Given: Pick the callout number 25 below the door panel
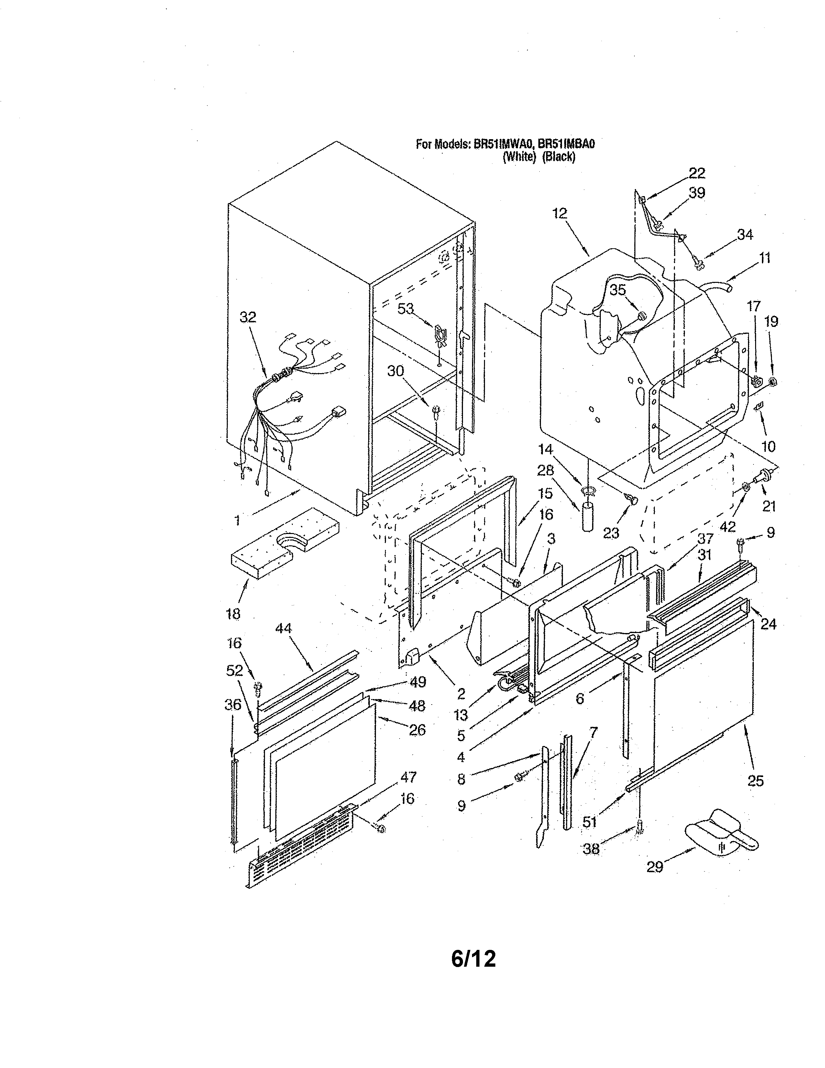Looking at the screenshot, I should tap(755, 781).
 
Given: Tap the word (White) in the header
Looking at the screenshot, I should tap(520, 158).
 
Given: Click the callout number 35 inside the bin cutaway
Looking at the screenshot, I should tap(618, 290).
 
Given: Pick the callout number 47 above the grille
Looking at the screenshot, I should tap(408, 776).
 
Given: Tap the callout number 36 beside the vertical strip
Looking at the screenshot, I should tap(233, 704).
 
